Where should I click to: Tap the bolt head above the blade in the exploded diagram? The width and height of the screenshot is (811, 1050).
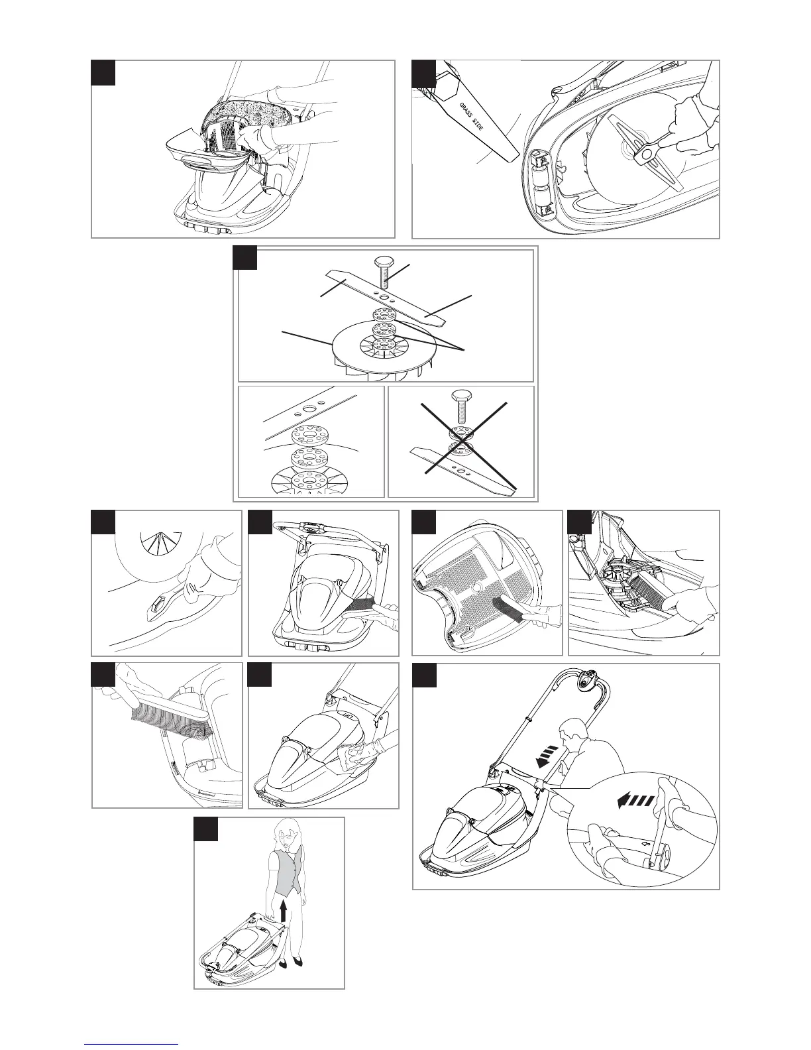coord(384,260)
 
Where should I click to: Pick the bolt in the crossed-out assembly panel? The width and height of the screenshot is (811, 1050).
coord(461,400)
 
